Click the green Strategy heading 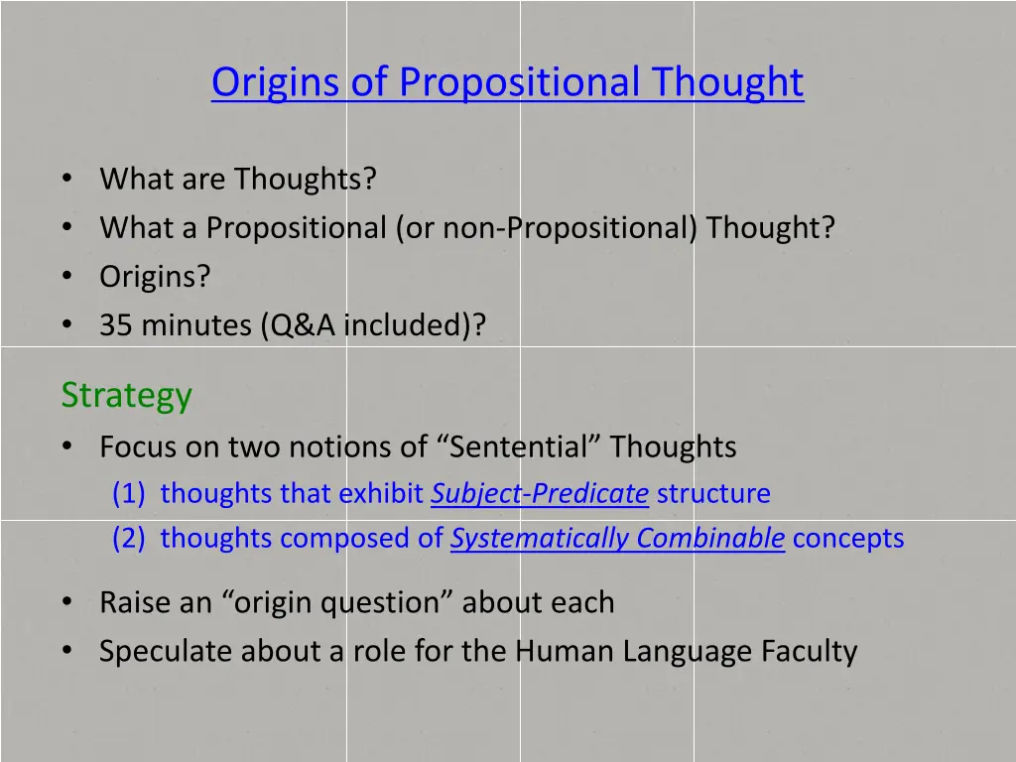point(126,395)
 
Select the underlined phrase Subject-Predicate point(539,493)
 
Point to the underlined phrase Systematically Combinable point(617,538)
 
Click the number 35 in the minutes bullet point(115,325)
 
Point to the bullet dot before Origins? point(66,276)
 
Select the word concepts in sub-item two point(848,538)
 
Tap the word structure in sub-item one point(712,493)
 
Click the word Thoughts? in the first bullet point(306,180)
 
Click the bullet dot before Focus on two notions point(66,446)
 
